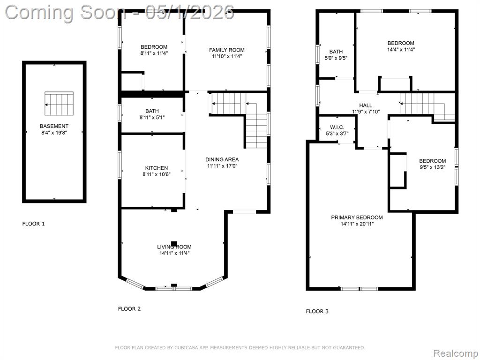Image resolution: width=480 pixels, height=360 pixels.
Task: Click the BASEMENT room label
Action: [x=54, y=126]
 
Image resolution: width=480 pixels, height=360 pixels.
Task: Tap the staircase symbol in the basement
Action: [x=59, y=104]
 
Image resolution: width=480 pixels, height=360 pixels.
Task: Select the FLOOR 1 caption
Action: [x=33, y=224]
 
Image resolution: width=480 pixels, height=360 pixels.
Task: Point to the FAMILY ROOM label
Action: [x=227, y=50]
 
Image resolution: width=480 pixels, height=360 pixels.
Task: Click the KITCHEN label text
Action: [x=157, y=168]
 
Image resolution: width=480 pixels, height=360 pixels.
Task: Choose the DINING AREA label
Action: [x=222, y=159]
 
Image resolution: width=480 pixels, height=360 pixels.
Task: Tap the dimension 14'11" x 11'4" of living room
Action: [x=174, y=253]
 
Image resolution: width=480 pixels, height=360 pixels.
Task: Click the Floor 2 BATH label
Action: [x=152, y=111]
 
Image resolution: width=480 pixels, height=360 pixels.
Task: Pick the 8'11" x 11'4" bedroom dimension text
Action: [x=154, y=53]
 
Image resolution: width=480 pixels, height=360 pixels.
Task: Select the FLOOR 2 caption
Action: [x=129, y=309]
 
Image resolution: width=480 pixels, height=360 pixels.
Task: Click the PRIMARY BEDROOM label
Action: [x=357, y=217]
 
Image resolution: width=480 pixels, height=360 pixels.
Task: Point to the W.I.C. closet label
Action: [x=337, y=127]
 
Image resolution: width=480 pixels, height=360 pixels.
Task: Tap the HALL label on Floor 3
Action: [x=366, y=105]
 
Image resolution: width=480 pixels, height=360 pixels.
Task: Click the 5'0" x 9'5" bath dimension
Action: [x=336, y=58]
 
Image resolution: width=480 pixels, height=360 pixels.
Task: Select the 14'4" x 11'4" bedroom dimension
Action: [x=401, y=50]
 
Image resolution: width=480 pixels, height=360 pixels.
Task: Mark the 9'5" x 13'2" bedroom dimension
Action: [x=433, y=167]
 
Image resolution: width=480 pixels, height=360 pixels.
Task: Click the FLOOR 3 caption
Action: [x=317, y=311]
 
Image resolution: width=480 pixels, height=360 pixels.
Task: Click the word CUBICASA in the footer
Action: [x=186, y=348]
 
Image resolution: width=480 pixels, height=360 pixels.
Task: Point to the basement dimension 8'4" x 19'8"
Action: [x=54, y=133]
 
